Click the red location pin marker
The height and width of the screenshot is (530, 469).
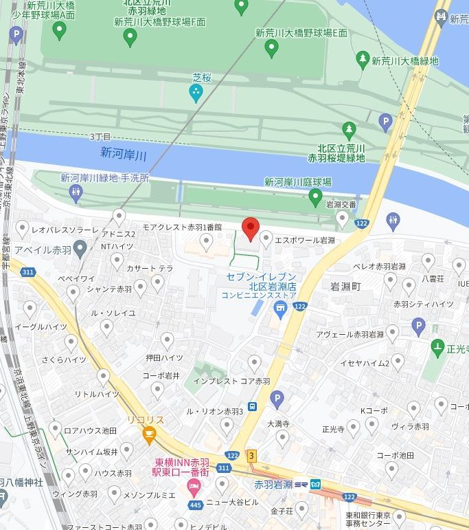251,228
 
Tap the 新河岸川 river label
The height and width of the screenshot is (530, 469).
124,153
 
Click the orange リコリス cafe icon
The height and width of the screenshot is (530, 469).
148,432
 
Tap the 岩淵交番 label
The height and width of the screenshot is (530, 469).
341,204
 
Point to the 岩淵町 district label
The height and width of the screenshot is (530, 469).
345,285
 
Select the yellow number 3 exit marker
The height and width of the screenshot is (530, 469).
252,455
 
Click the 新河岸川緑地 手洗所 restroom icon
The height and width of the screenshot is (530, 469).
76,193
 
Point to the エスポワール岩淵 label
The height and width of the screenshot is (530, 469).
304,240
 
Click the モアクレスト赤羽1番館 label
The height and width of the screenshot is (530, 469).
182,227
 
